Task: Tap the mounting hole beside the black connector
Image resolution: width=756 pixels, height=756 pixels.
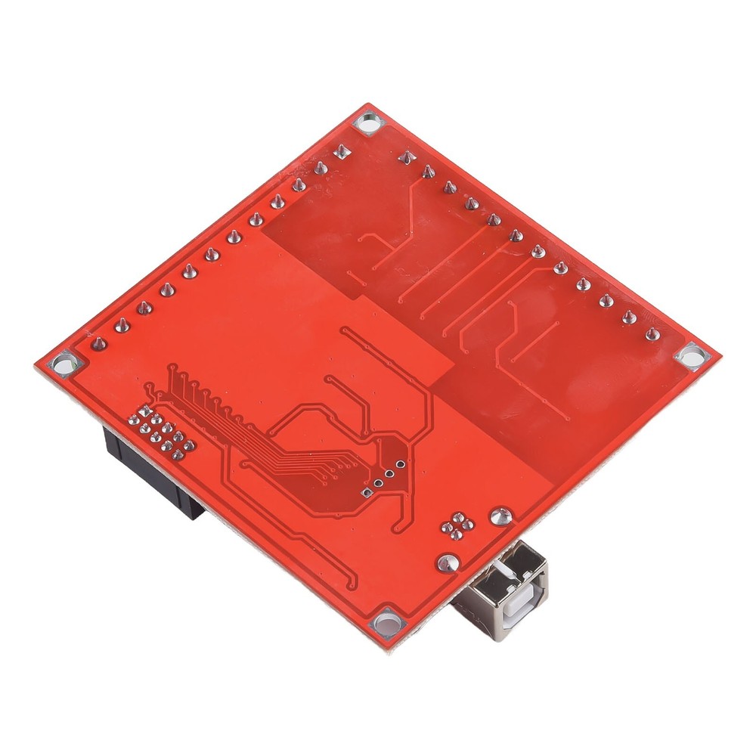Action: click(64, 362)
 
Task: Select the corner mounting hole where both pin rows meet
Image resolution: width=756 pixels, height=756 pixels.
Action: click(368, 122)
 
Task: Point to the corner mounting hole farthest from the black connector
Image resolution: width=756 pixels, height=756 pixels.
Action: click(692, 356)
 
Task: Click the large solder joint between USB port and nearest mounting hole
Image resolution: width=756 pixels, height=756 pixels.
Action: click(447, 562)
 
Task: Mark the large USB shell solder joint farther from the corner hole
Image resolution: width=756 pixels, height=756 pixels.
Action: click(498, 516)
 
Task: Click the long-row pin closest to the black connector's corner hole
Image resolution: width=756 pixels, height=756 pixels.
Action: click(98, 344)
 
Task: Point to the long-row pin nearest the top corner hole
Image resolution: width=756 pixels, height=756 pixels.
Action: click(342, 151)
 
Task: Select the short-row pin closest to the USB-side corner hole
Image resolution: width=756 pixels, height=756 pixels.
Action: click(652, 334)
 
